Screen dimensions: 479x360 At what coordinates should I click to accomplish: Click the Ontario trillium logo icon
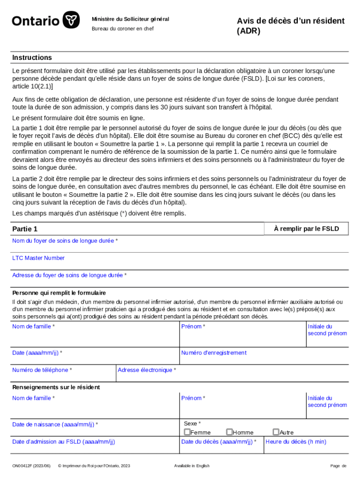[71, 21]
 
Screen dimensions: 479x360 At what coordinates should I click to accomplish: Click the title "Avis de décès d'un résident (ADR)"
[290, 26]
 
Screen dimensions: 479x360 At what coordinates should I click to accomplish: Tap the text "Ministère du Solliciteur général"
[130, 19]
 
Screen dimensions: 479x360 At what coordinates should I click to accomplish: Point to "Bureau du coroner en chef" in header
[122, 29]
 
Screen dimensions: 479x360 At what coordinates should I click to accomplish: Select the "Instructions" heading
[32, 58]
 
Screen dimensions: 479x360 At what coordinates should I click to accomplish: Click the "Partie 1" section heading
[25, 229]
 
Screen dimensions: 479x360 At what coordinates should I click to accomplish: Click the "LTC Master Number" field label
[38, 258]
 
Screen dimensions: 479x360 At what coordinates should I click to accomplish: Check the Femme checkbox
[187, 432]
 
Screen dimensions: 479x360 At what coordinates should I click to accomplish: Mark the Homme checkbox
[230, 432]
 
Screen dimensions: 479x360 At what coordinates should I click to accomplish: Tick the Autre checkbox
[276, 432]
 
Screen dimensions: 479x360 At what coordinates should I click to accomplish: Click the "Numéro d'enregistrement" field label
[214, 353]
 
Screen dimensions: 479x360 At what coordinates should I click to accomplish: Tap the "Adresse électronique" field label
[147, 370]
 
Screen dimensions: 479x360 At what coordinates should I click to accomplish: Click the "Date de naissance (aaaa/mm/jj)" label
[55, 424]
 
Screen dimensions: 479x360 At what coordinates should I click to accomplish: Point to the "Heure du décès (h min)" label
[296, 442]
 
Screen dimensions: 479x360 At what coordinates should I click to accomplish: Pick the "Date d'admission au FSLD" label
[64, 442]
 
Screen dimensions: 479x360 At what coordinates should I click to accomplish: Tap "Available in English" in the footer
[192, 466]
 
